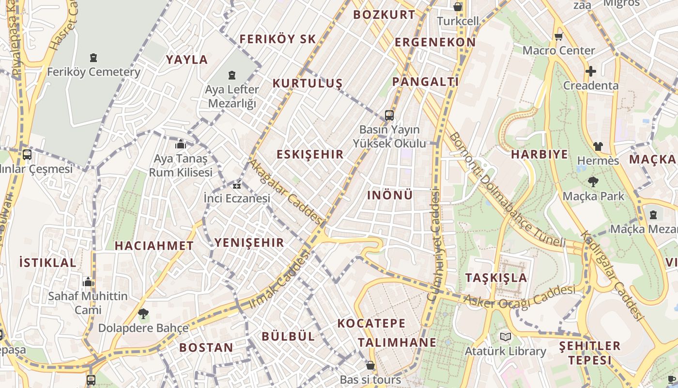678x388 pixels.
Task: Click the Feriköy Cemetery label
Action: click(x=93, y=72)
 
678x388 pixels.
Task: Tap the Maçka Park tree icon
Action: click(x=593, y=182)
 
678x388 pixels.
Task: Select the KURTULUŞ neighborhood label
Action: click(x=307, y=83)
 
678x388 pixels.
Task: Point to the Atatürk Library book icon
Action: click(x=505, y=337)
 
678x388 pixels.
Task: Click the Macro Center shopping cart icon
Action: click(x=558, y=36)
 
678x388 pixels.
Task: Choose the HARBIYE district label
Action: click(x=539, y=155)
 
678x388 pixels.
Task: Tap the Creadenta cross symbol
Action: click(x=590, y=71)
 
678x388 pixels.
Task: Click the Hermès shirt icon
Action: click(x=598, y=146)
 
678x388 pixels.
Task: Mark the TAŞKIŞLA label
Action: click(x=496, y=278)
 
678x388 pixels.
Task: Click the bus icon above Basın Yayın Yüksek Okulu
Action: click(x=389, y=115)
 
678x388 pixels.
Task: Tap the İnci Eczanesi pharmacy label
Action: click(x=237, y=198)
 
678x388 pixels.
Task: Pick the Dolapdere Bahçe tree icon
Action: click(x=143, y=314)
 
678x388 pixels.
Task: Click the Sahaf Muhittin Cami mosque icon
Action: click(x=88, y=281)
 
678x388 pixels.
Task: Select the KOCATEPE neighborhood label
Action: click(x=371, y=323)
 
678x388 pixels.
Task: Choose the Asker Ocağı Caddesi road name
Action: click(x=519, y=296)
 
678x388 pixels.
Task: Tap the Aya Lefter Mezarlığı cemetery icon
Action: click(x=232, y=75)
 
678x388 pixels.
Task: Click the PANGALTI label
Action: click(x=425, y=81)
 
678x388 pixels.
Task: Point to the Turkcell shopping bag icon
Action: click(x=458, y=7)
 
